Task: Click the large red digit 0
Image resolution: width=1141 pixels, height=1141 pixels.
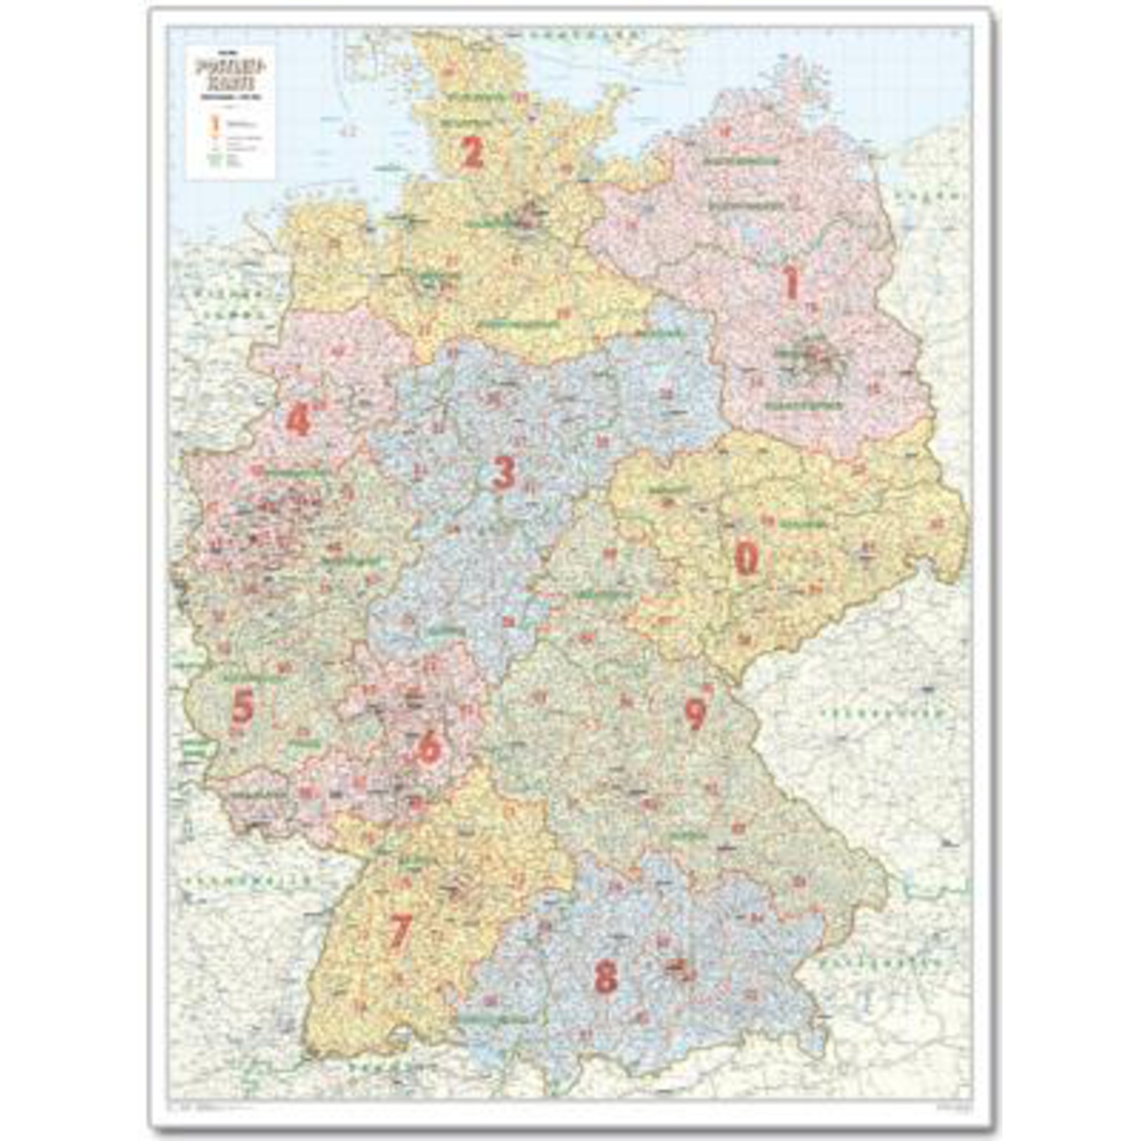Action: pyautogui.click(x=746, y=559)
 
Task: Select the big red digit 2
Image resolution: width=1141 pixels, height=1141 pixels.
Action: pyautogui.click(x=471, y=152)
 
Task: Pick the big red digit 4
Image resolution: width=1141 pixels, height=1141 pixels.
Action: pyautogui.click(x=298, y=420)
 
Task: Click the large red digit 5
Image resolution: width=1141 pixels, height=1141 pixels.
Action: pyautogui.click(x=242, y=707)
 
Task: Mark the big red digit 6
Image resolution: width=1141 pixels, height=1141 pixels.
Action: pyautogui.click(x=429, y=747)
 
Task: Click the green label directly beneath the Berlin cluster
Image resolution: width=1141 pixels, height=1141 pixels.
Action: pyautogui.click(x=803, y=406)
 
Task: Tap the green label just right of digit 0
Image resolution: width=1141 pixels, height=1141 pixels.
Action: pyautogui.click(x=802, y=524)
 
